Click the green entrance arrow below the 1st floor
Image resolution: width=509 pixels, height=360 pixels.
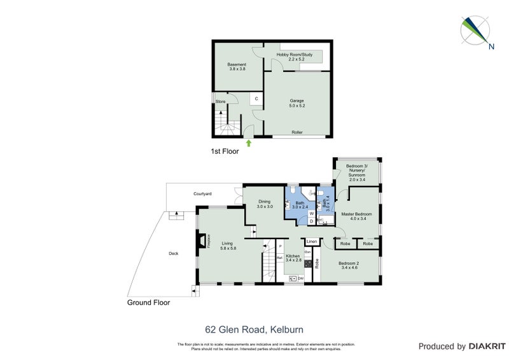(249, 142)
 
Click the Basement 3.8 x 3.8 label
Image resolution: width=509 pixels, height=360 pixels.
(237, 67)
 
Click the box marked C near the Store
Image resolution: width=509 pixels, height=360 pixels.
(255, 99)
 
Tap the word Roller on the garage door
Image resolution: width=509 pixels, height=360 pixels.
(296, 132)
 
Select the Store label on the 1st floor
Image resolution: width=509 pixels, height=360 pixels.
(220, 102)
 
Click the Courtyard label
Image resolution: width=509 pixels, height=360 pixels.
(203, 193)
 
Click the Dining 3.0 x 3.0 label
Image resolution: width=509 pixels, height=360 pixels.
(265, 204)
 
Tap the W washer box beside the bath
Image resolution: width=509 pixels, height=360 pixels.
(311, 214)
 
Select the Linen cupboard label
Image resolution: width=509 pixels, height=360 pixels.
(312, 242)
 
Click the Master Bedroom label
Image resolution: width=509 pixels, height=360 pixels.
(354, 217)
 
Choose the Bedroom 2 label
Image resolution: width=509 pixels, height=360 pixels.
(349, 266)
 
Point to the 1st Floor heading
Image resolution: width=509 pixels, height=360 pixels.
(225, 151)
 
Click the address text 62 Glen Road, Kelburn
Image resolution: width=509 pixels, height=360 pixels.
(254, 329)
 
